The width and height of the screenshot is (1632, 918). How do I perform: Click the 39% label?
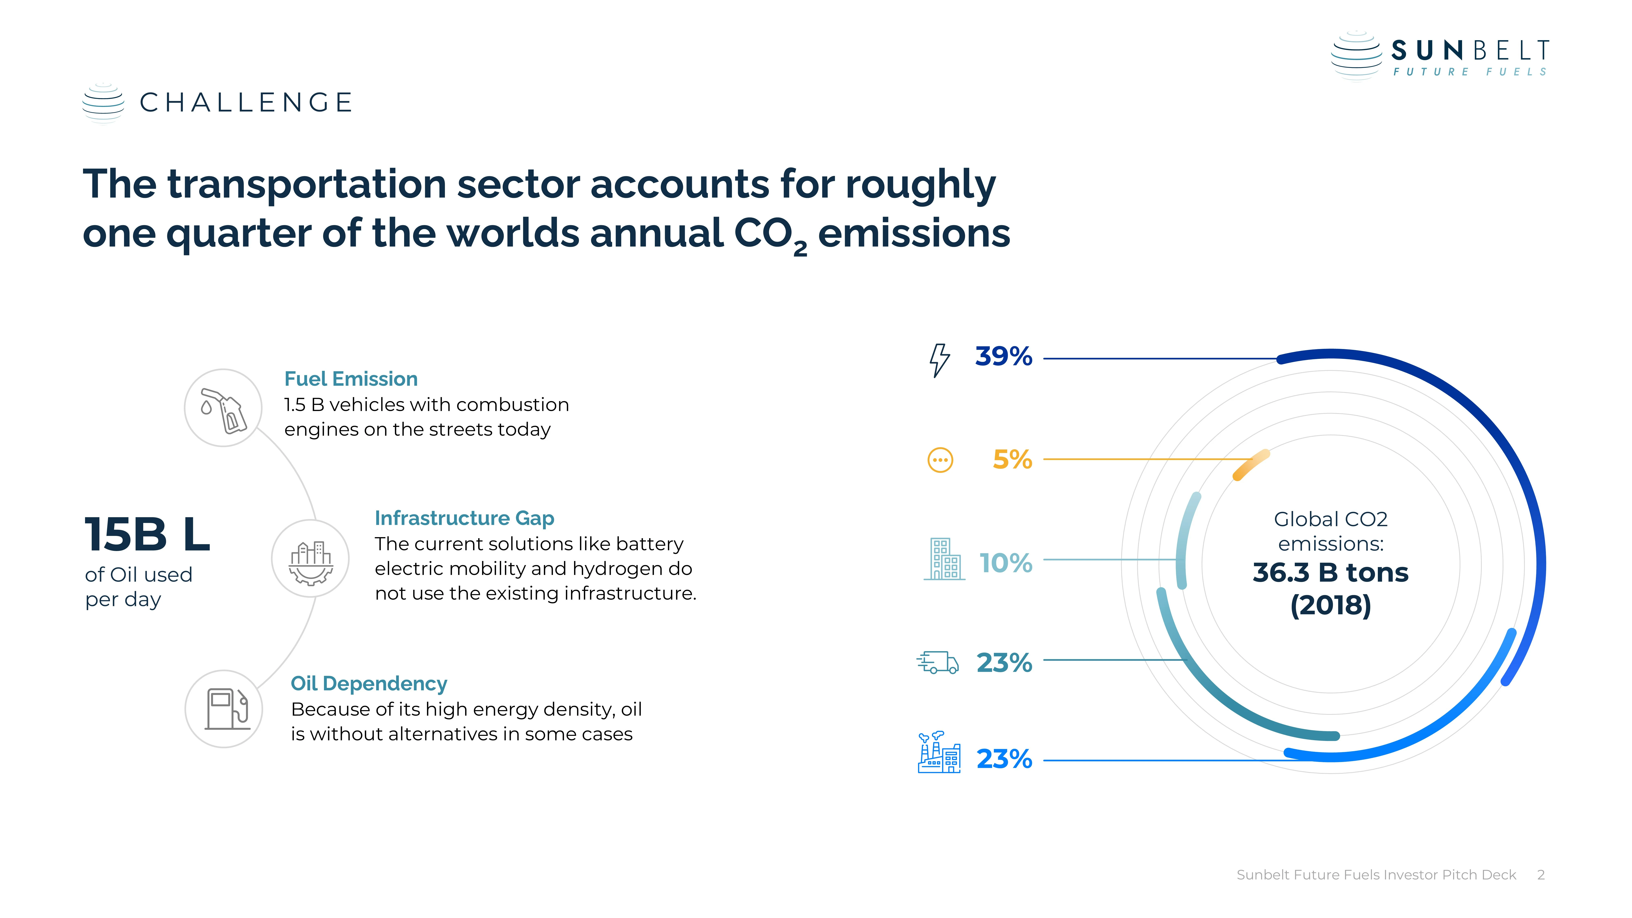point(1003,357)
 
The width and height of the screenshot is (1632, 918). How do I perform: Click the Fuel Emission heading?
point(351,379)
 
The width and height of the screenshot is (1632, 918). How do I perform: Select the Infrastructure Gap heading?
point(464,518)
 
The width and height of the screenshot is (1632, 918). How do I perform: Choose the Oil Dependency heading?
point(369,684)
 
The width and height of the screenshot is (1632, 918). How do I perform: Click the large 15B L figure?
point(147,534)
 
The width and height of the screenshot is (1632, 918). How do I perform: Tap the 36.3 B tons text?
point(1330,573)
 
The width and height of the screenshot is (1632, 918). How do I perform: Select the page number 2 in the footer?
point(1541,875)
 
